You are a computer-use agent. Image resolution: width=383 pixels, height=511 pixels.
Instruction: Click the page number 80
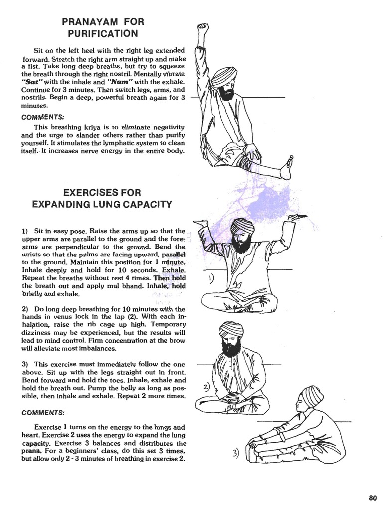pos(372,497)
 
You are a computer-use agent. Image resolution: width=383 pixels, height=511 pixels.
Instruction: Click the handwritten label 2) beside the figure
pos(206,388)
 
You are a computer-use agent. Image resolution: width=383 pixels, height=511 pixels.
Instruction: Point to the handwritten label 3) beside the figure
pos(236,453)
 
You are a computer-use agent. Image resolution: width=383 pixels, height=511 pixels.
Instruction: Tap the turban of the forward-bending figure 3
pos(309,397)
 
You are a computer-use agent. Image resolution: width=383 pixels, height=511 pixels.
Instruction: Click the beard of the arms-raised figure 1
pos(240,245)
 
